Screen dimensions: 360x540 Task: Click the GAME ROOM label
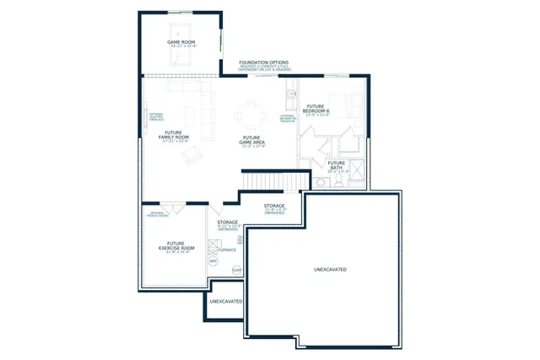coord(181,43)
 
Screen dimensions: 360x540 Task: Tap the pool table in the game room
coord(181,56)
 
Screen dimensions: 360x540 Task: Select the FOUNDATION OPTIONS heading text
coord(264,63)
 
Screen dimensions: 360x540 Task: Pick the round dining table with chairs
coord(251,110)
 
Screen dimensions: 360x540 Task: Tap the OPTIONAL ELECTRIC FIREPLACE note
coord(157,116)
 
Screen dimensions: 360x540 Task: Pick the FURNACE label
coord(226,250)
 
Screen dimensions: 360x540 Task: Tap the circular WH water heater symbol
coord(212,261)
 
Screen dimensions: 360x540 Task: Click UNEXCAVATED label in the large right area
coord(330,270)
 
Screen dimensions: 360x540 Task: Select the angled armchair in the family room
coord(193,153)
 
